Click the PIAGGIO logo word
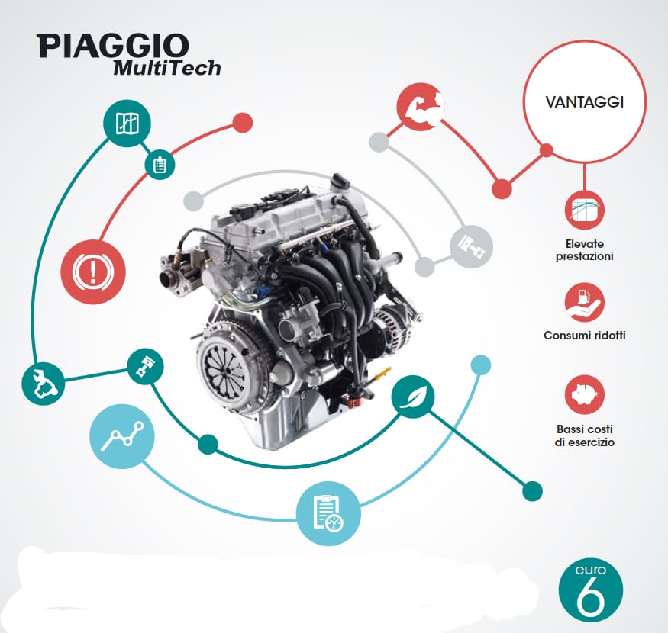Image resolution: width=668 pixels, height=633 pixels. pyautogui.click(x=113, y=46)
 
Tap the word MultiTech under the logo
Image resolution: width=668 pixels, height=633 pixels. pyautogui.click(x=167, y=68)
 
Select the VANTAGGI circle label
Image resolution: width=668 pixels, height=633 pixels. pyautogui.click(x=585, y=102)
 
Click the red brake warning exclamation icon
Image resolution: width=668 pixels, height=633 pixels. pyautogui.click(x=93, y=272)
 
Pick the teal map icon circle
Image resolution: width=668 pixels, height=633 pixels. pyautogui.click(x=127, y=124)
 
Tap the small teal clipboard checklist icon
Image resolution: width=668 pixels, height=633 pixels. pyautogui.click(x=160, y=164)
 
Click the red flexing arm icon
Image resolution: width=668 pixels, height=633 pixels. pyautogui.click(x=421, y=107)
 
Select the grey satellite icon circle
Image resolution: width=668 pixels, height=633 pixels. pyautogui.click(x=472, y=246)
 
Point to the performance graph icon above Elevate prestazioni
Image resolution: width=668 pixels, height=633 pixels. pyautogui.click(x=585, y=210)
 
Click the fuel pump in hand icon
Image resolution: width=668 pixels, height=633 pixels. pyautogui.click(x=585, y=302)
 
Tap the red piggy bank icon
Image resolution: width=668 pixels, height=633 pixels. pyautogui.click(x=585, y=394)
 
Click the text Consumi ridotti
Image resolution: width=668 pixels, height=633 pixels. pyautogui.click(x=585, y=336)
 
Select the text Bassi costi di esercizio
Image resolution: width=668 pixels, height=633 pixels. pyautogui.click(x=585, y=435)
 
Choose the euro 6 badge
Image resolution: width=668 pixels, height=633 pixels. pyautogui.click(x=590, y=592)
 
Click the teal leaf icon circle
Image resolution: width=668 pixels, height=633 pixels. pyautogui.click(x=413, y=397)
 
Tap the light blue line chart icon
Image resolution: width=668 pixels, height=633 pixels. pyautogui.click(x=122, y=436)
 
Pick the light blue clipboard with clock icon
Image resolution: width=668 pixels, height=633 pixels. pyautogui.click(x=328, y=513)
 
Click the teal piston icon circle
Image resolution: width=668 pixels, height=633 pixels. pyautogui.click(x=146, y=367)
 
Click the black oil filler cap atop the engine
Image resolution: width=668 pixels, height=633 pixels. pyautogui.click(x=341, y=181)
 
